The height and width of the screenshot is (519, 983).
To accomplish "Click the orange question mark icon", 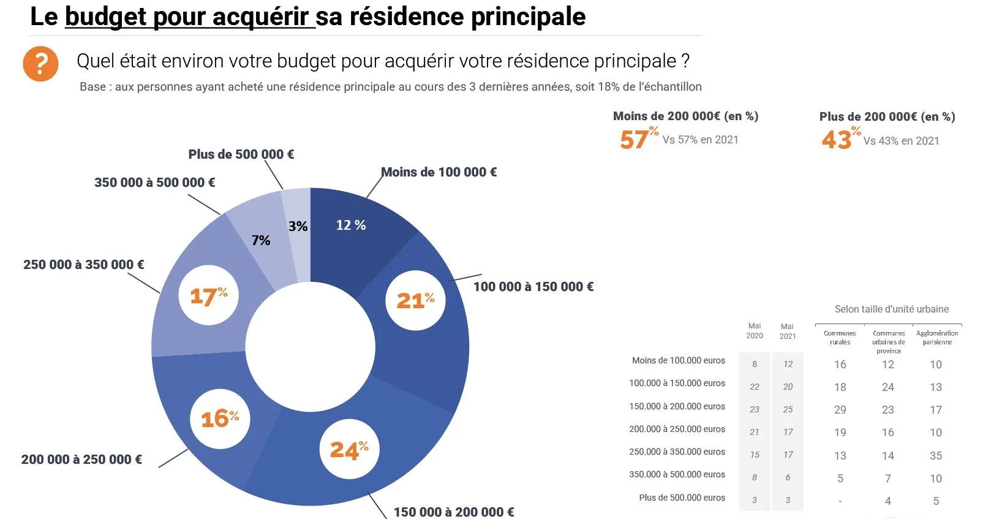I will [x=40, y=64].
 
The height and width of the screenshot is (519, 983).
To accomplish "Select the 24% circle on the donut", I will [x=349, y=450].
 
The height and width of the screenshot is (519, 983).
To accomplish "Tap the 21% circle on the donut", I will [x=415, y=300].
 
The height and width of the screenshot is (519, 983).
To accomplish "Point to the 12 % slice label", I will [x=351, y=225].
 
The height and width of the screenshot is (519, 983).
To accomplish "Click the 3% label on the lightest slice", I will [x=298, y=226].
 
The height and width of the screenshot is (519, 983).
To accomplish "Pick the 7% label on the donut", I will [x=261, y=240].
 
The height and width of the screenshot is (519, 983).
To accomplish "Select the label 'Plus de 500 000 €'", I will [x=241, y=154].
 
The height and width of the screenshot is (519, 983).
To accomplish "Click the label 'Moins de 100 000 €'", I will [x=439, y=172].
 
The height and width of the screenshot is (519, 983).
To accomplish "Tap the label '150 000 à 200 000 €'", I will [x=453, y=512].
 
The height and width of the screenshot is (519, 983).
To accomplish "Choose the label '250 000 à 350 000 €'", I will [x=84, y=265].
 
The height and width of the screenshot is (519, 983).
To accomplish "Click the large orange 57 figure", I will [x=634, y=140].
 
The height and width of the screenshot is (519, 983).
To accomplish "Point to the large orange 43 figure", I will [x=837, y=140].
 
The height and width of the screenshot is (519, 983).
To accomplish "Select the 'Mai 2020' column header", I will [x=755, y=331].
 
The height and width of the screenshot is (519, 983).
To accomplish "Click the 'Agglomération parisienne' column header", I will [x=936, y=338].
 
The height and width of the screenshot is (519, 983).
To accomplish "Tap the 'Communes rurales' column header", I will [x=840, y=338].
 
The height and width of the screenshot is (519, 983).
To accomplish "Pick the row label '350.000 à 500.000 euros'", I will [x=677, y=474].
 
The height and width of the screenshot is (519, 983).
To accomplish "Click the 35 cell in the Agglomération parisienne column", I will [x=935, y=455].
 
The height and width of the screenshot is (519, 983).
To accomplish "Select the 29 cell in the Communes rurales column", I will [x=840, y=410].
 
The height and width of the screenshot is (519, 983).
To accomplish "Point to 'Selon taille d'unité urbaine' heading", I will [x=891, y=309].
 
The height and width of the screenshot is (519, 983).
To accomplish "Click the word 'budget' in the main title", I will [x=106, y=17].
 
